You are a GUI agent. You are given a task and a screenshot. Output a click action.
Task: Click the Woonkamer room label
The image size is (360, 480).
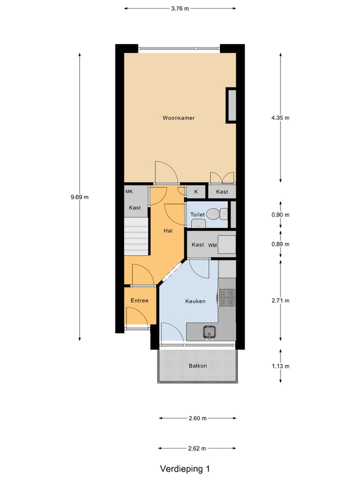(178, 118)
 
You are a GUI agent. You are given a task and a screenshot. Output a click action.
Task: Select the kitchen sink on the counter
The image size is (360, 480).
(209, 331)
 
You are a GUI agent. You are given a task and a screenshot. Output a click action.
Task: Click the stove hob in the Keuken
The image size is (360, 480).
(226, 297)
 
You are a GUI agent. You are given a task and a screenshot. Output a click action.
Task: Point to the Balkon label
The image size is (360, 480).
(198, 365)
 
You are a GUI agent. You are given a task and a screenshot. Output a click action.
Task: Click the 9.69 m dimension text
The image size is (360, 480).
(79, 197)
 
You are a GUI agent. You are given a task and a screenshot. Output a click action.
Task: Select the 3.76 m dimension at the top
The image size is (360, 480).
(180, 8)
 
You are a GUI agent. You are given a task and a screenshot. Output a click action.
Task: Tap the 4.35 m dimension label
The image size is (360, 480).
(280, 118)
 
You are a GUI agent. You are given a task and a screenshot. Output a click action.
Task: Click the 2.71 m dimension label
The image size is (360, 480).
(280, 300)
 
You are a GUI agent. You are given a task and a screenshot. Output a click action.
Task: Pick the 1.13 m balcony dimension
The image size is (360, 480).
(280, 365)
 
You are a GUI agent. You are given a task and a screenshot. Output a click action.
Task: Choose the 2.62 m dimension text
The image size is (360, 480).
(197, 448)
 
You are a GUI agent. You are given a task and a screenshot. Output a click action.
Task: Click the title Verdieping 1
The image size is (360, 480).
(184, 469)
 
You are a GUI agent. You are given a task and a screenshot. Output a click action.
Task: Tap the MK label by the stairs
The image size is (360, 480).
(129, 191)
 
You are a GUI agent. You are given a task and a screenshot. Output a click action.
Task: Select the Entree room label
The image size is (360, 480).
(139, 300)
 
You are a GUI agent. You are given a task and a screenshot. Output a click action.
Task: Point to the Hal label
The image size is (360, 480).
(168, 231)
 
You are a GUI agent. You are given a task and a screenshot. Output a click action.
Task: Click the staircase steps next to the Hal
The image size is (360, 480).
(136, 237)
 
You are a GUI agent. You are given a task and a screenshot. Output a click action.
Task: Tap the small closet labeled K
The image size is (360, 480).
(196, 192)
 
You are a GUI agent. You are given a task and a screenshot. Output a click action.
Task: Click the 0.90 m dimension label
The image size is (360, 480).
(280, 214)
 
